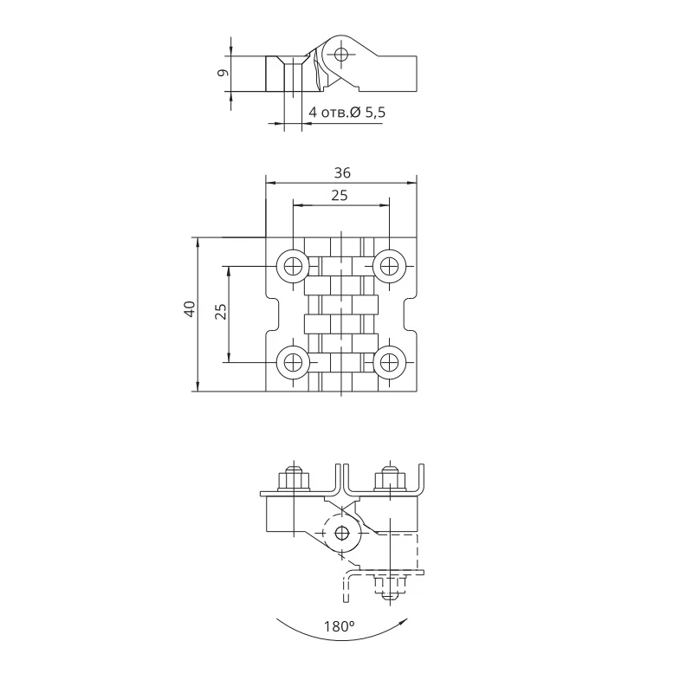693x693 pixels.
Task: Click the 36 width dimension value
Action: (x=341, y=173)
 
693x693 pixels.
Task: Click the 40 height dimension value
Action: (x=189, y=312)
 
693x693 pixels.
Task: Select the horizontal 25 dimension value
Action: (x=340, y=196)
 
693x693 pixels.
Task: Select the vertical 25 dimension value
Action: (x=220, y=312)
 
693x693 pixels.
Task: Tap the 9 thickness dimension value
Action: (x=223, y=74)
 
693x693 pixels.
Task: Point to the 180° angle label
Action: (x=339, y=626)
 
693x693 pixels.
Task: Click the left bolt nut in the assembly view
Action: (x=292, y=477)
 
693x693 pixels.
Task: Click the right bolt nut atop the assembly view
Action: (x=388, y=477)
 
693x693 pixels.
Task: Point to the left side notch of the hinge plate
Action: (x=271, y=313)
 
